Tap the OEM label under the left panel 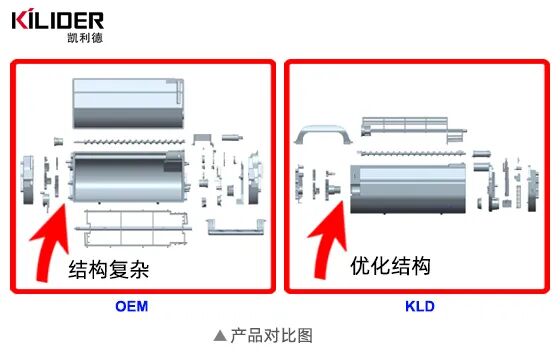pyautogui.click(x=132, y=306)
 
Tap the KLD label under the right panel pyautogui.click(x=420, y=306)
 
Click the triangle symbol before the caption pyautogui.click(x=220, y=336)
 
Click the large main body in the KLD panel pyautogui.click(x=412, y=190)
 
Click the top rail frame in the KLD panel pyautogui.click(x=419, y=124)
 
